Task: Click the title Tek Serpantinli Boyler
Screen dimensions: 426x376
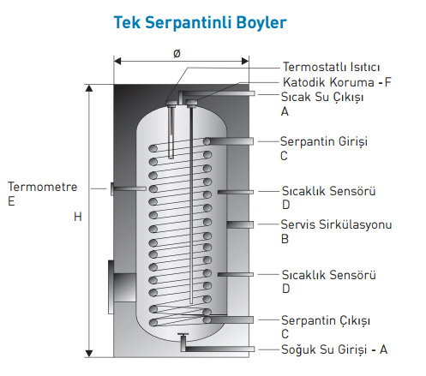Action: click(200, 22)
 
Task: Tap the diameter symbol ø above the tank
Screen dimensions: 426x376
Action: click(177, 53)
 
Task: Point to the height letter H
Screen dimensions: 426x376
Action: click(78, 217)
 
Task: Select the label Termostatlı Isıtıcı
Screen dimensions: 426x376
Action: click(331, 67)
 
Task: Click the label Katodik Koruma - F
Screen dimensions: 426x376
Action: click(337, 82)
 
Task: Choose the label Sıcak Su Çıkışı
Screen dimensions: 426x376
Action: click(322, 98)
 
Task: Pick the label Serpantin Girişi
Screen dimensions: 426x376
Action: click(324, 141)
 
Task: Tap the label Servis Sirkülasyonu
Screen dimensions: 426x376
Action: click(336, 224)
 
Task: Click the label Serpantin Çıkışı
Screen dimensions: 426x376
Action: click(326, 320)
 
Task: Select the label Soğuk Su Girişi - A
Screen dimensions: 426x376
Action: click(334, 349)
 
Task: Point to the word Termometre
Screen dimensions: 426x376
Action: click(43, 187)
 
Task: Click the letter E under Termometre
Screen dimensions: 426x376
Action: click(11, 201)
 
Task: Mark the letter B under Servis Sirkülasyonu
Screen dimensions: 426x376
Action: click(285, 239)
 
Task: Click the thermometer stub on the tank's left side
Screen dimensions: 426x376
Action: click(128, 188)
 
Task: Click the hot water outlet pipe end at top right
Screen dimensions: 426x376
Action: click(251, 93)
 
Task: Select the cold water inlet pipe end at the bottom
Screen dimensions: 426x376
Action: click(251, 349)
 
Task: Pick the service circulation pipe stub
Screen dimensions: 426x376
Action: click(240, 224)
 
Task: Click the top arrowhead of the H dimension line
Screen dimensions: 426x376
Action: click(89, 88)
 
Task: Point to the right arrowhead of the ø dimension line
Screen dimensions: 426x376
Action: click(245, 61)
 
